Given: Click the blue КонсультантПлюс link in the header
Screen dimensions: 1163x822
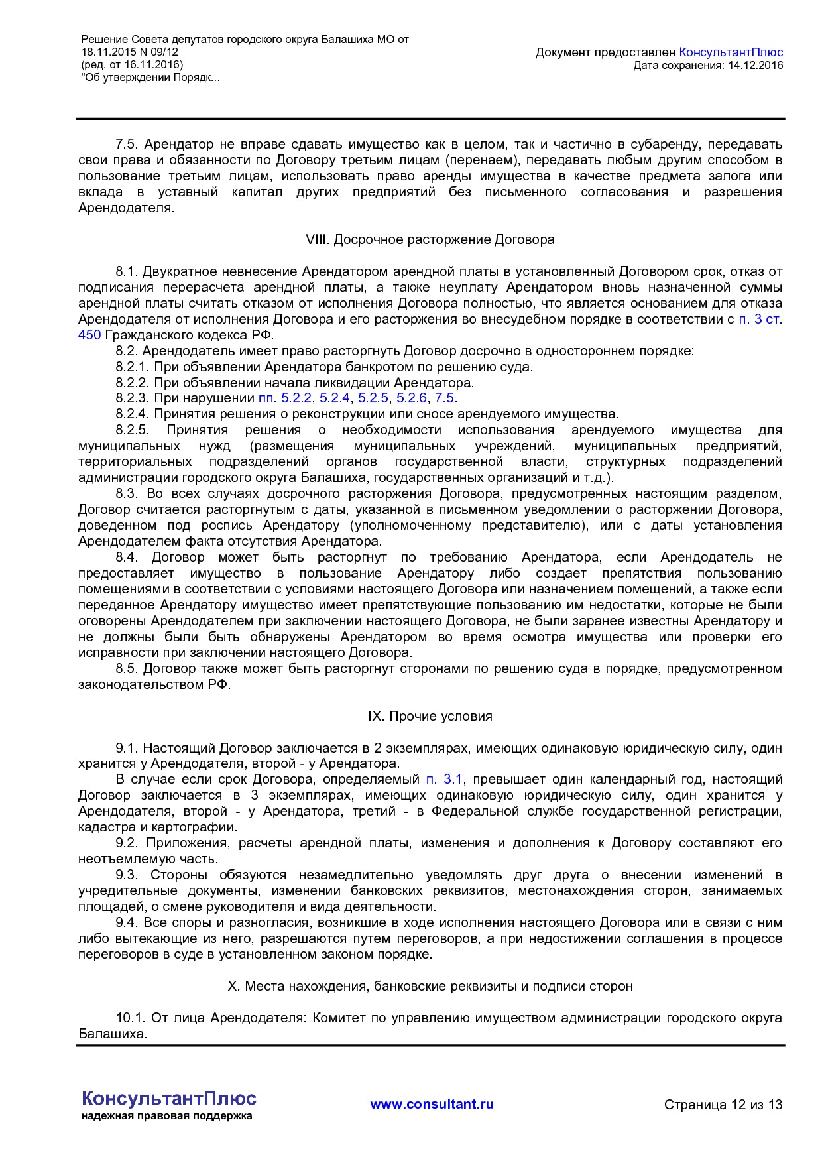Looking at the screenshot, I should [731, 52].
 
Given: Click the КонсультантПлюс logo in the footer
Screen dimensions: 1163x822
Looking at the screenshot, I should [169, 1099].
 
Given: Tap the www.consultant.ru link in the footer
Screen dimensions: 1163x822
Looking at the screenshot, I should [432, 1104].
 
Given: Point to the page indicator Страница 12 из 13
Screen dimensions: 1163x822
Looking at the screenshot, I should [723, 1105].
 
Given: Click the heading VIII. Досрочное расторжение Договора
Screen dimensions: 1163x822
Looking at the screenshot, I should [430, 239].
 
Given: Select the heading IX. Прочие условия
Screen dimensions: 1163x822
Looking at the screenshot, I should [430, 716].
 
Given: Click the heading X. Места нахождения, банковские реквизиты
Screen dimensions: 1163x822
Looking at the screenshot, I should [430, 986].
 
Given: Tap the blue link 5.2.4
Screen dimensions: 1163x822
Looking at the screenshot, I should [335, 398].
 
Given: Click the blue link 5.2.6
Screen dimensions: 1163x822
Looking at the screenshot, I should [412, 398].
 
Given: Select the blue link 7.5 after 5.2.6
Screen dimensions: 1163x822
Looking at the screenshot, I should [445, 398].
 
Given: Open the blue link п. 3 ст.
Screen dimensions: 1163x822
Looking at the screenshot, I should [760, 319].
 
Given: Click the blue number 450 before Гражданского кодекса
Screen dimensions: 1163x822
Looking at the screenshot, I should [89, 335].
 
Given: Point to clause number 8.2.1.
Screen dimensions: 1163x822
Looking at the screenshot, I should [133, 367].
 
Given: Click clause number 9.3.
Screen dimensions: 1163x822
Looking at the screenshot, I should [127, 875].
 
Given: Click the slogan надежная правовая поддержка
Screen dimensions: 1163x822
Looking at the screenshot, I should [166, 1116].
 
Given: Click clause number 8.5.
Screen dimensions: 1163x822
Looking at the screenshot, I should [127, 668].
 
